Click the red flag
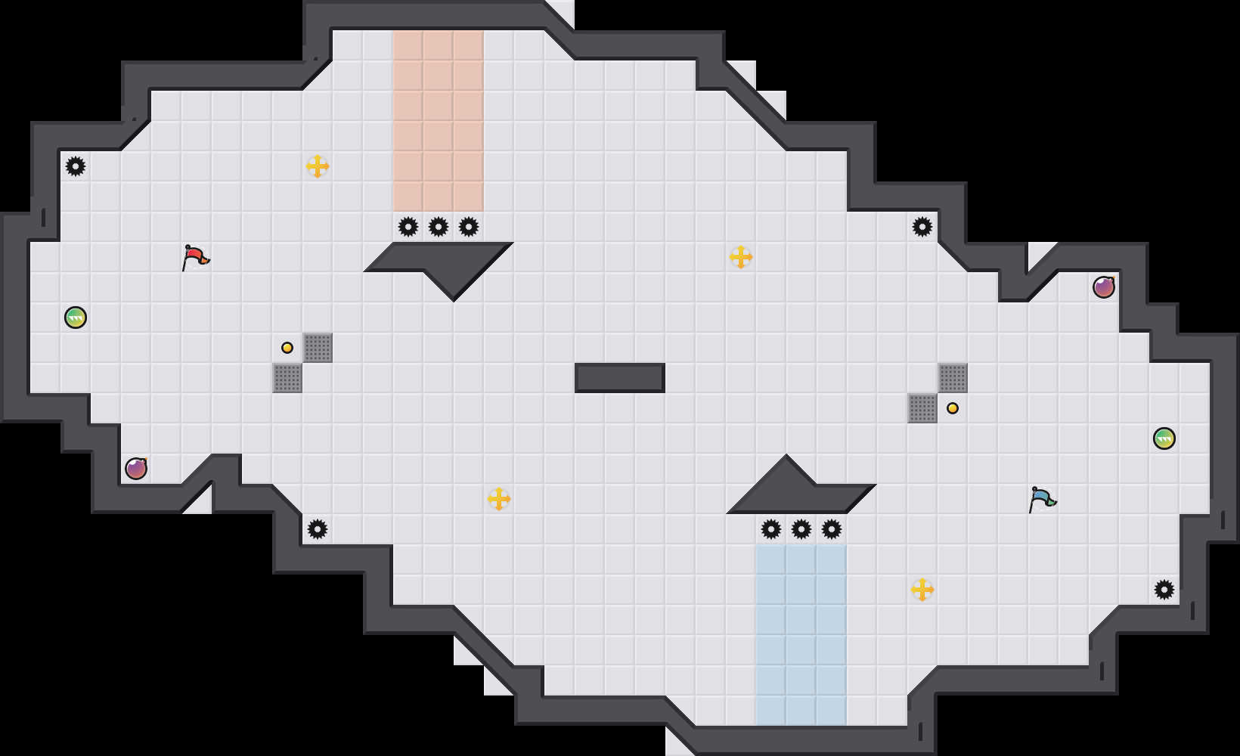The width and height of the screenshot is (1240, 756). [195, 257]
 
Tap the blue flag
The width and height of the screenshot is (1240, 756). [1042, 499]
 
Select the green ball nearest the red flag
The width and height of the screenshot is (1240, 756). [76, 318]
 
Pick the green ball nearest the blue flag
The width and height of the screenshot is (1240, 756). [1164, 438]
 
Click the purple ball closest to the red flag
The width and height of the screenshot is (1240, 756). [136, 469]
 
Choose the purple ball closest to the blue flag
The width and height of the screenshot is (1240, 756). [1104, 287]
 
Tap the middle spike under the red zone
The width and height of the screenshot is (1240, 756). [439, 227]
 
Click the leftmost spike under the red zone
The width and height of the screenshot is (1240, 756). [408, 227]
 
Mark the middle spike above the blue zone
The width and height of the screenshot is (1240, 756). [801, 529]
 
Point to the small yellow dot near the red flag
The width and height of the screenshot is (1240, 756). [287, 348]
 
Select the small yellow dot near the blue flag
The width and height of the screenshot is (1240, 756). [953, 408]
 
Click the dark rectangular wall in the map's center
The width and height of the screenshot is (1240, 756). [620, 378]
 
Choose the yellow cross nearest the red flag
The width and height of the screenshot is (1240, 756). [318, 166]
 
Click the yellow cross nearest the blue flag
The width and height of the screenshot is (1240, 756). [922, 590]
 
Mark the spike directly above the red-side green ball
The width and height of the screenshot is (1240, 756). [76, 166]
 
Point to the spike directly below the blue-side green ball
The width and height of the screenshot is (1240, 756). [1164, 590]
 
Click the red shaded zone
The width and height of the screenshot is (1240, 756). [439, 121]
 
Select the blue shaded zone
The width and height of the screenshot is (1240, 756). [801, 635]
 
